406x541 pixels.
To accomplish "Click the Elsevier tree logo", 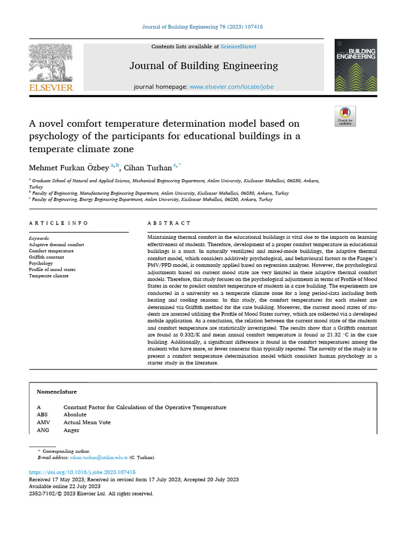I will pos(51,62).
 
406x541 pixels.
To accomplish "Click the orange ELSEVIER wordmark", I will pos(51,88).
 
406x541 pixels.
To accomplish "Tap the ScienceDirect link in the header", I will pos(238,46).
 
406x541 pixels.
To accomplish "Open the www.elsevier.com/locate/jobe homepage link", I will pos(231,87).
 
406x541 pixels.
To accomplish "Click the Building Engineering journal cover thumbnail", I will pos(356,65).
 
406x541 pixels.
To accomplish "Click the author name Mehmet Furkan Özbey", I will pos(69,167).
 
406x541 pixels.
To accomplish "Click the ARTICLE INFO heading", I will pos(59,223).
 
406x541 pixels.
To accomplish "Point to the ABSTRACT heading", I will pos(169,223).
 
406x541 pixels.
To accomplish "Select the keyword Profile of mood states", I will pos(52,269).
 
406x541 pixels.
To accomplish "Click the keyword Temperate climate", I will pos(49,276).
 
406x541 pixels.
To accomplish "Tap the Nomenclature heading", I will pos(57,392).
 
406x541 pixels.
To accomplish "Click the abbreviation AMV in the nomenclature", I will pos(43,423).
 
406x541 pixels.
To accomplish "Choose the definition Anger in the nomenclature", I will pos(71,430).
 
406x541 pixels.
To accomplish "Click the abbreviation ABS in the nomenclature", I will pos(43,415).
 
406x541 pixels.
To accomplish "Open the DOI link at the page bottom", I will pos(82,472).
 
